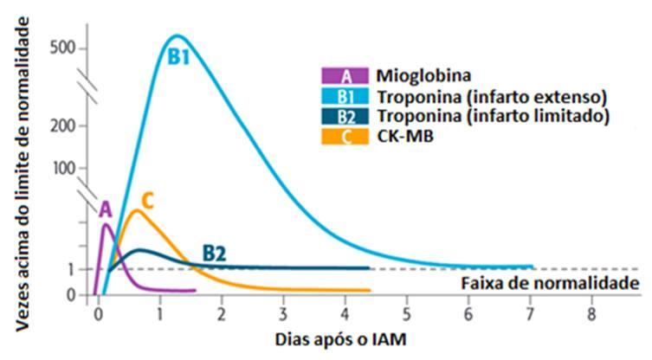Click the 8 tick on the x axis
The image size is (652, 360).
(591, 312)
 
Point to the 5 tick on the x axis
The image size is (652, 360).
(407, 312)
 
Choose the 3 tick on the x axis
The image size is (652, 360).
(283, 312)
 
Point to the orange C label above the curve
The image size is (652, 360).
(147, 201)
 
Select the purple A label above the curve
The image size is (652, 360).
(106, 209)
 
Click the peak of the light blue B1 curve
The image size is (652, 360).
(176, 35)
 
